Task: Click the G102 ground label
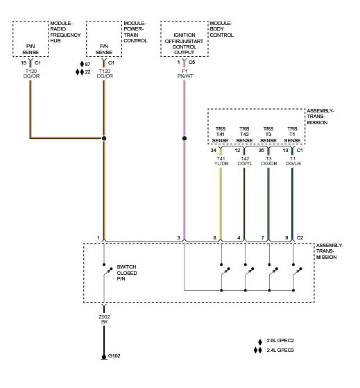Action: pos(114,356)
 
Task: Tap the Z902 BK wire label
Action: pos(104,319)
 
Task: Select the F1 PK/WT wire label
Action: pos(185,74)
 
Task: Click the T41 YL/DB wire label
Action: pos(221,161)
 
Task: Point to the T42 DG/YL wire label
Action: pos(245,161)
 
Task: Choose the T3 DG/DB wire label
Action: pos(269,161)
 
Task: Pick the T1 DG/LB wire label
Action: pos(293,161)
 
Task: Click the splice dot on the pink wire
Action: pos(185,138)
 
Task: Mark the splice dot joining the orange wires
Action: pos(104,138)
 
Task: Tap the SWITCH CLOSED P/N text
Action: pos(127,273)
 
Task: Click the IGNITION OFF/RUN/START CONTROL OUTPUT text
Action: pos(185,44)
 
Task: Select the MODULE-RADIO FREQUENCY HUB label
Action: pos(65,32)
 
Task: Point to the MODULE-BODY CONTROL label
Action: pos(221,29)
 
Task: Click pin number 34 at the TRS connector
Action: pos(214,150)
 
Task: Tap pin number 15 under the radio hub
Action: pos(24,63)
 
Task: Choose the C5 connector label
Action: pos(191,62)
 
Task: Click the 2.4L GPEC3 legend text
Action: pos(280,350)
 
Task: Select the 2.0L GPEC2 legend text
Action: pos(280,341)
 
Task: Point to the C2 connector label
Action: pos(300,238)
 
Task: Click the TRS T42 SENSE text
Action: pos(244,135)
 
